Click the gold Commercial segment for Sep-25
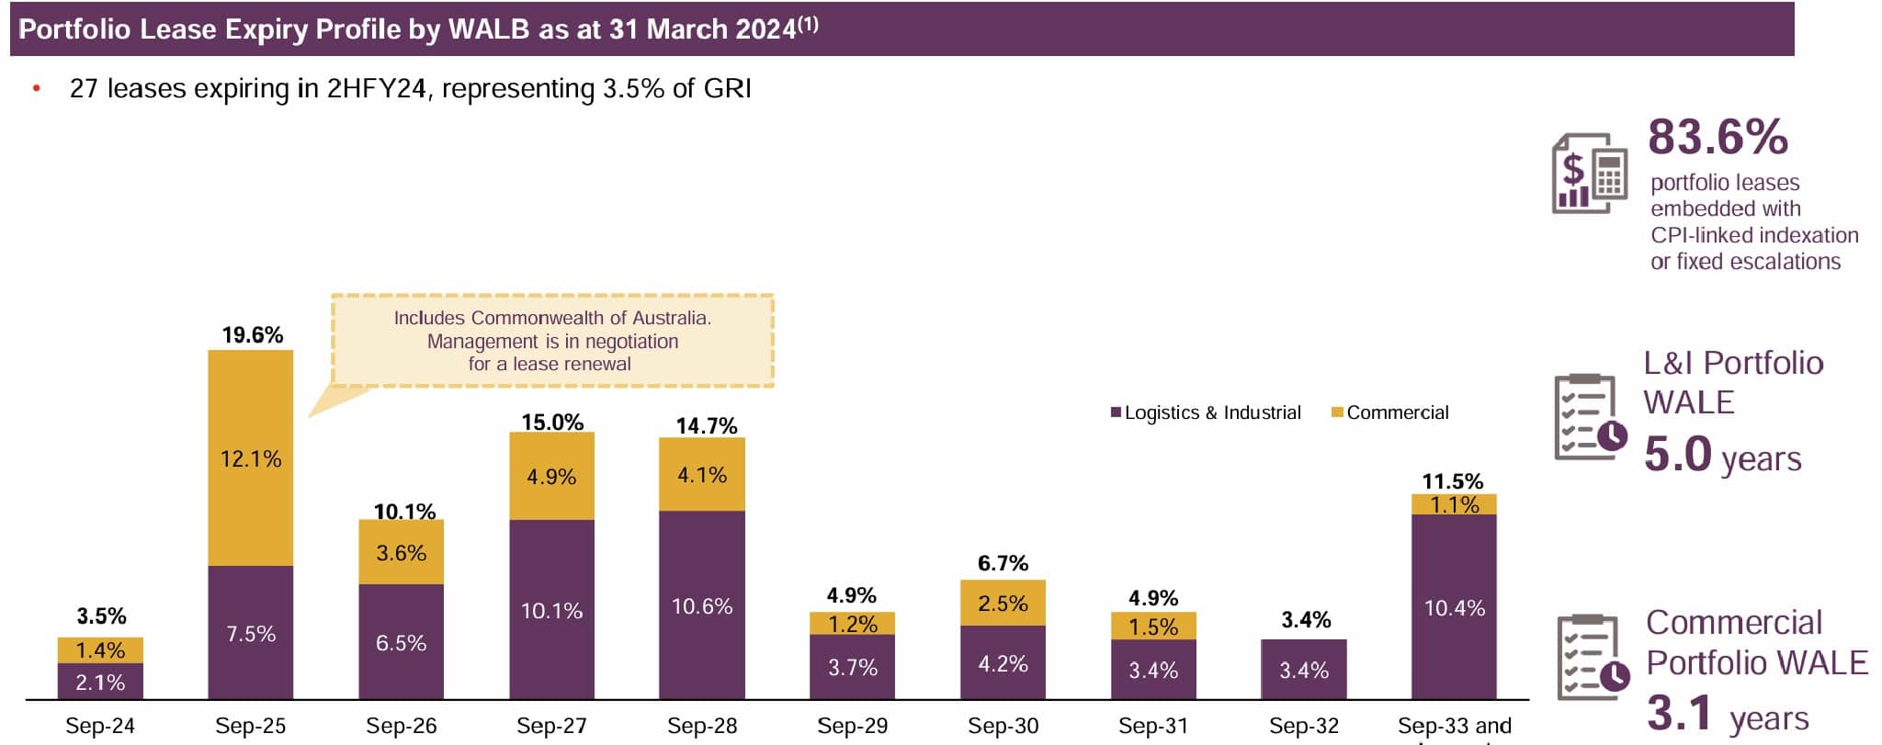(250, 457)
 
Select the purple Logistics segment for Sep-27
(551, 610)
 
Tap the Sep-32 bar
(1303, 670)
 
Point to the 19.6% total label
(252, 335)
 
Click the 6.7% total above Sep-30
(1003, 563)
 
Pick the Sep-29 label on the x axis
(852, 726)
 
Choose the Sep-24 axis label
(100, 726)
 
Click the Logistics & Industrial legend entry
(1206, 412)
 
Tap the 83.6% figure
(1717, 137)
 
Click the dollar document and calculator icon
(1588, 173)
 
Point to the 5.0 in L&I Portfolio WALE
(1677, 454)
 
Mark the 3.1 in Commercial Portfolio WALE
(1679, 713)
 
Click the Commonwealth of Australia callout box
(552, 341)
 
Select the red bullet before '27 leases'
(37, 89)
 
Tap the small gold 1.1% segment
(1454, 504)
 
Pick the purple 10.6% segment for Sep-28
(702, 605)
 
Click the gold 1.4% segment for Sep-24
(100, 649)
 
